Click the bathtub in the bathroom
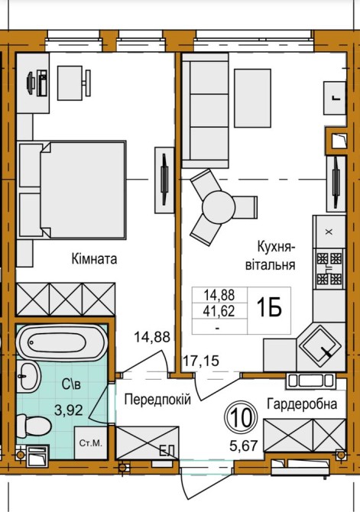62,342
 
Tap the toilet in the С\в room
34,426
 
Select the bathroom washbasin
28,376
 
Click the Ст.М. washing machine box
91,442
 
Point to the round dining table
219,206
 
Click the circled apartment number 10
242,417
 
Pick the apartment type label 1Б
270,308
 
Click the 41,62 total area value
219,311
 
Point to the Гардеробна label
302,404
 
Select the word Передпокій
157,399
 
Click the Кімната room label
95,259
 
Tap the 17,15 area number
201,361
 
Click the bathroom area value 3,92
69,410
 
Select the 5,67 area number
244,446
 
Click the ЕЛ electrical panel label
167,452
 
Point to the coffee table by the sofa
252,98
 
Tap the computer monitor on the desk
30,83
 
